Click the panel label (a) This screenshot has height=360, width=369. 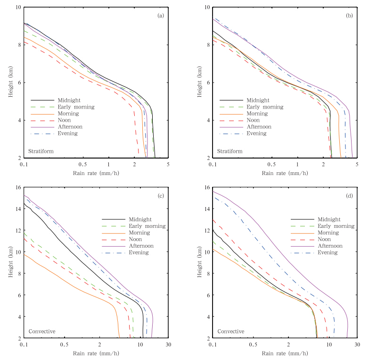click(161, 16)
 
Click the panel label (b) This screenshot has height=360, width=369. click(350, 16)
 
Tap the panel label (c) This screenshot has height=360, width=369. click(161, 196)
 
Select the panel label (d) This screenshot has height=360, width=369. click(350, 196)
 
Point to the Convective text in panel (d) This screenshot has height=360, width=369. click(230, 331)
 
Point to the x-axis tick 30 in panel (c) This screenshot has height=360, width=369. click(168, 345)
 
